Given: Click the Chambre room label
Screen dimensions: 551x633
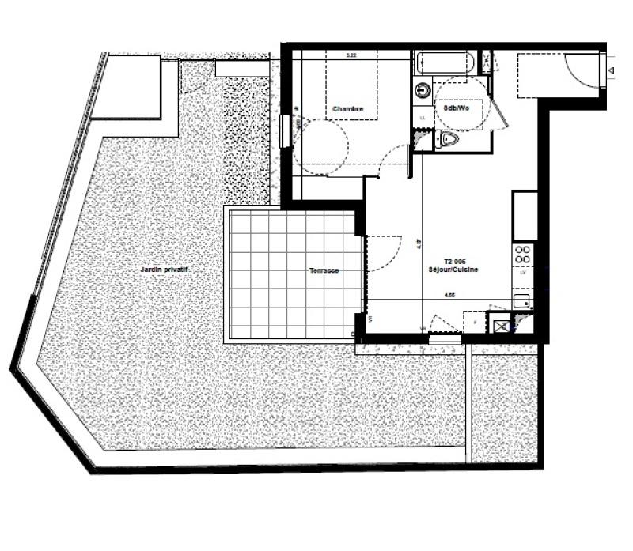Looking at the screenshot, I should [348, 108].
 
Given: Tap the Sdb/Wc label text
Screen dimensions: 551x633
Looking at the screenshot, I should [457, 108].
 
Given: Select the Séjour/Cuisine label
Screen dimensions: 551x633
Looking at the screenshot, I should [460, 270].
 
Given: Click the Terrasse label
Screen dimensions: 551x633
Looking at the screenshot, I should [324, 270].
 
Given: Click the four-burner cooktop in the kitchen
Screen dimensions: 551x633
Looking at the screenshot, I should [523, 255].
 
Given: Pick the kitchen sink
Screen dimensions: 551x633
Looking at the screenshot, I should [522, 300].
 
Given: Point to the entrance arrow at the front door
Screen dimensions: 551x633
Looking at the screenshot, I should [612, 71].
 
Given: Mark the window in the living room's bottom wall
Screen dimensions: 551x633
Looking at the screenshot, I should [445, 339].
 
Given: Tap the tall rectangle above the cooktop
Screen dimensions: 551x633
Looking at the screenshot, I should [525, 215].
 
